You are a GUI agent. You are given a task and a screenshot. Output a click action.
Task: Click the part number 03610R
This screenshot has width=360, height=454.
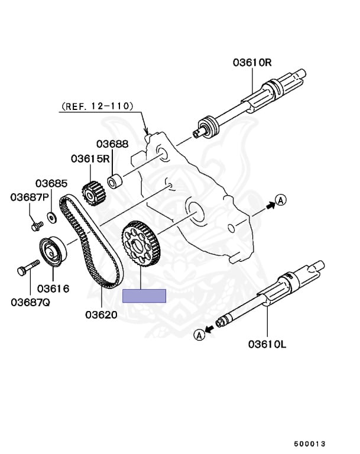tap(252, 62)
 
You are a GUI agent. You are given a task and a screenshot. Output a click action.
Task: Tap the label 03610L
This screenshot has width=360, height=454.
tap(267, 343)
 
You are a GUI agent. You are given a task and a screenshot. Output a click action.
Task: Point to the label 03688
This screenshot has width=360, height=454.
tap(112, 144)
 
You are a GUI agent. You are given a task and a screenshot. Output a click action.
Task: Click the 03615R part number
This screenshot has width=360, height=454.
tap(90, 158)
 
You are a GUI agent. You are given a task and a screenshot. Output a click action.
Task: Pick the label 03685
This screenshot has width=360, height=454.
tap(51, 183)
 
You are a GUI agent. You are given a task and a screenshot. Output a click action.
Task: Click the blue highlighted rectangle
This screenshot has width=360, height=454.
tap(144, 296)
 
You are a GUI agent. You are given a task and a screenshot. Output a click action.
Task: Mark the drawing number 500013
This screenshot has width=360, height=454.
tap(310, 443)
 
